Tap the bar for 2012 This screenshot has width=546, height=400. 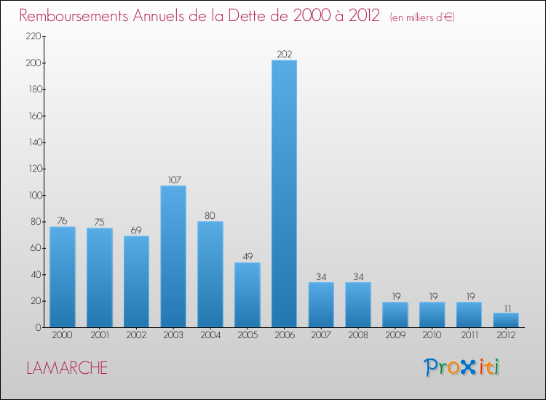point(506,320)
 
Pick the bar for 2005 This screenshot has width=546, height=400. point(248,295)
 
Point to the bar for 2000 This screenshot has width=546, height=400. point(63,277)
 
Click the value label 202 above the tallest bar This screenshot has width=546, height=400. point(284,54)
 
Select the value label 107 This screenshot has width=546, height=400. point(173,180)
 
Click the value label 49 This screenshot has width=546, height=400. point(248,257)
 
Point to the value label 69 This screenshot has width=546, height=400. point(136,230)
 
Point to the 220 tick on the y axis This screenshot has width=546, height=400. point(31,37)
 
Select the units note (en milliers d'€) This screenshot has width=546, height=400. point(422,17)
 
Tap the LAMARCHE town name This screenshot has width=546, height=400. point(67,368)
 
